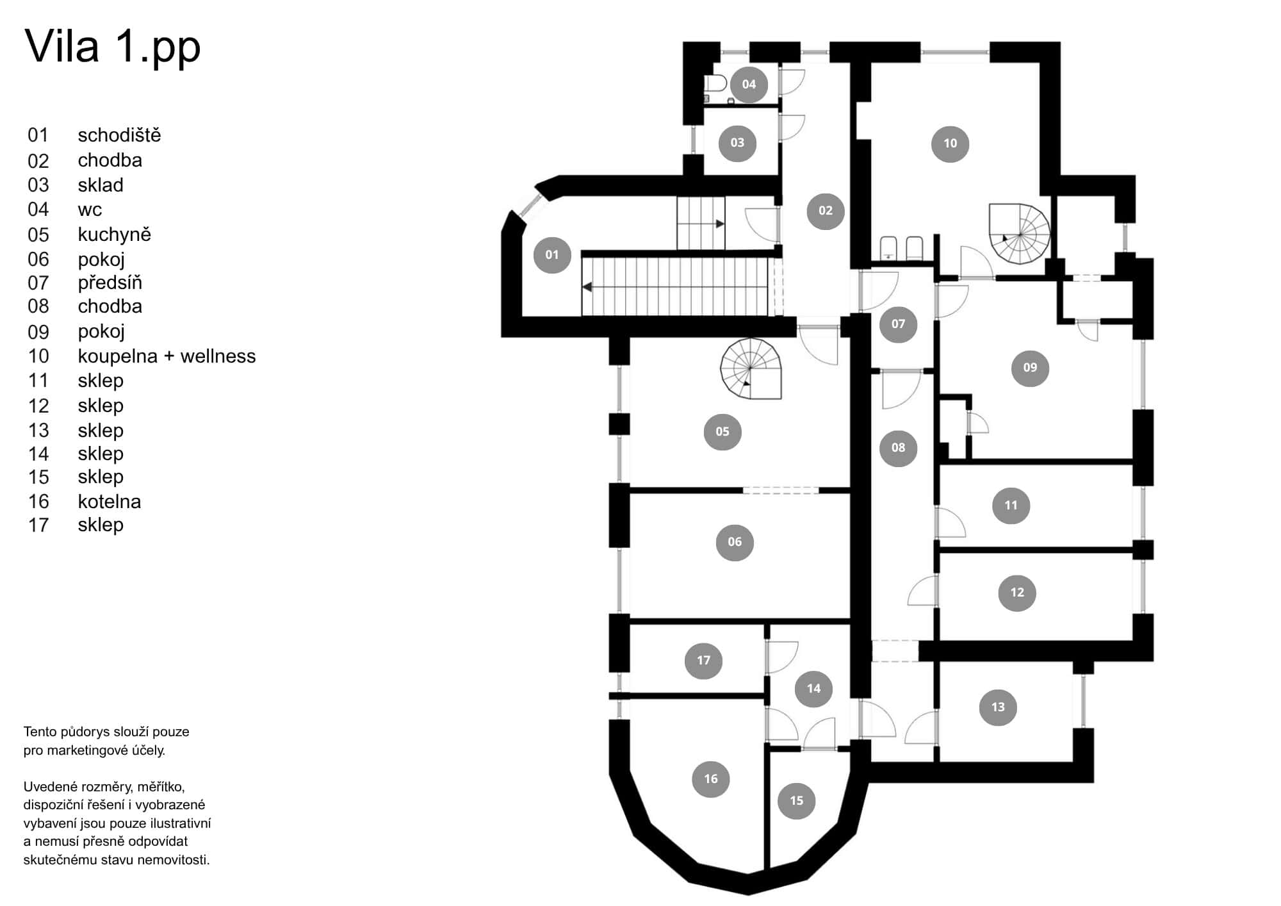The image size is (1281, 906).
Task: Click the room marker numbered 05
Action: (x=722, y=431)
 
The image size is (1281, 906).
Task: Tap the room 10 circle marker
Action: (x=950, y=144)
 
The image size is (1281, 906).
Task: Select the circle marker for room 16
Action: (x=711, y=778)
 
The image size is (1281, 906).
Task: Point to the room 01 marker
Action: (x=552, y=254)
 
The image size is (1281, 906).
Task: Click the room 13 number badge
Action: (x=998, y=707)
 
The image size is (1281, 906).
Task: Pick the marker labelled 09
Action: (x=1030, y=367)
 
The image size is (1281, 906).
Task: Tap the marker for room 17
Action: (x=703, y=660)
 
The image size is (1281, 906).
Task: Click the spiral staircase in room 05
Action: (x=751, y=369)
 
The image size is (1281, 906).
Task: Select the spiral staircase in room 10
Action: (x=1019, y=234)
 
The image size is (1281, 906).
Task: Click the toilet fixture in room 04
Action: (x=715, y=84)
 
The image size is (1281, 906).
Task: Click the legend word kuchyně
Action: (x=115, y=235)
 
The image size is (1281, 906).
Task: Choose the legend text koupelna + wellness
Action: (x=167, y=356)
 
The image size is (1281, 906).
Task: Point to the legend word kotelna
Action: (x=110, y=502)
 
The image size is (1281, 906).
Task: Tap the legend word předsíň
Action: (x=110, y=283)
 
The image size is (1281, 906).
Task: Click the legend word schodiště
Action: (x=119, y=135)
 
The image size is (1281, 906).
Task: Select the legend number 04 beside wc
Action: (x=38, y=210)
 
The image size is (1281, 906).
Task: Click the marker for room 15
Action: (x=796, y=800)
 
